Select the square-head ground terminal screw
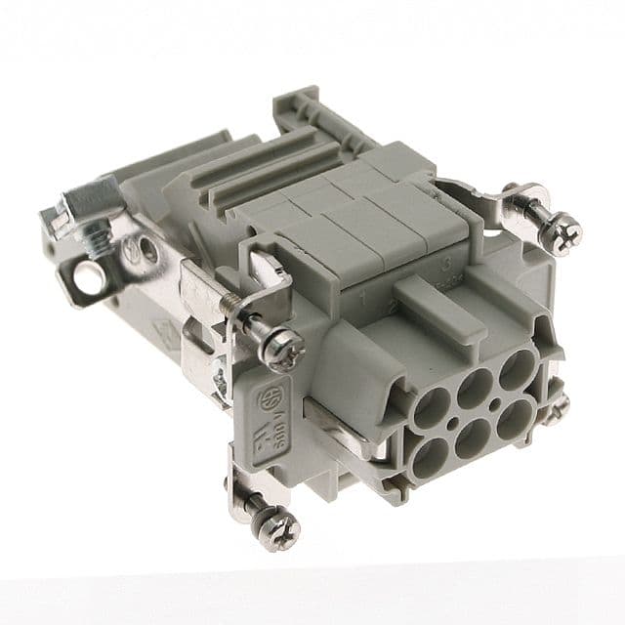click(x=89, y=206)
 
